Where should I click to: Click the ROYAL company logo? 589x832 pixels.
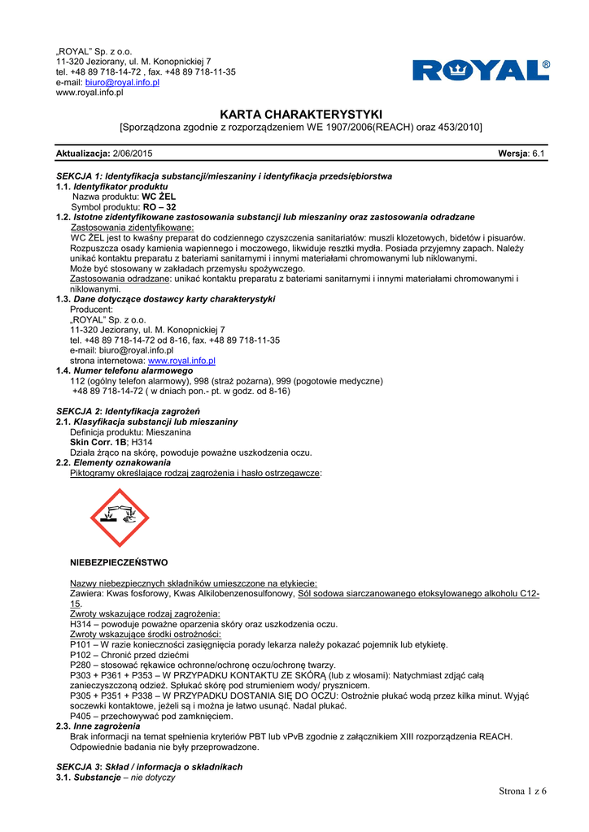click(x=481, y=71)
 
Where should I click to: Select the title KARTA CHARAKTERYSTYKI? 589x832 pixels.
click(x=301, y=115)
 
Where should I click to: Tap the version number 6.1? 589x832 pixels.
click(x=539, y=154)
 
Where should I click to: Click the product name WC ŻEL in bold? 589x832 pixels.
click(x=159, y=197)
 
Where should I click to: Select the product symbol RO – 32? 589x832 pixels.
click(x=159, y=207)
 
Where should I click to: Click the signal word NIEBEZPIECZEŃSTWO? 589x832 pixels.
click(x=120, y=562)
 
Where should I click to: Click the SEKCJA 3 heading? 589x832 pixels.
click(x=149, y=767)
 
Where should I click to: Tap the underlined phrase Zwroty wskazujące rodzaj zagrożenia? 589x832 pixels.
click(x=146, y=614)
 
